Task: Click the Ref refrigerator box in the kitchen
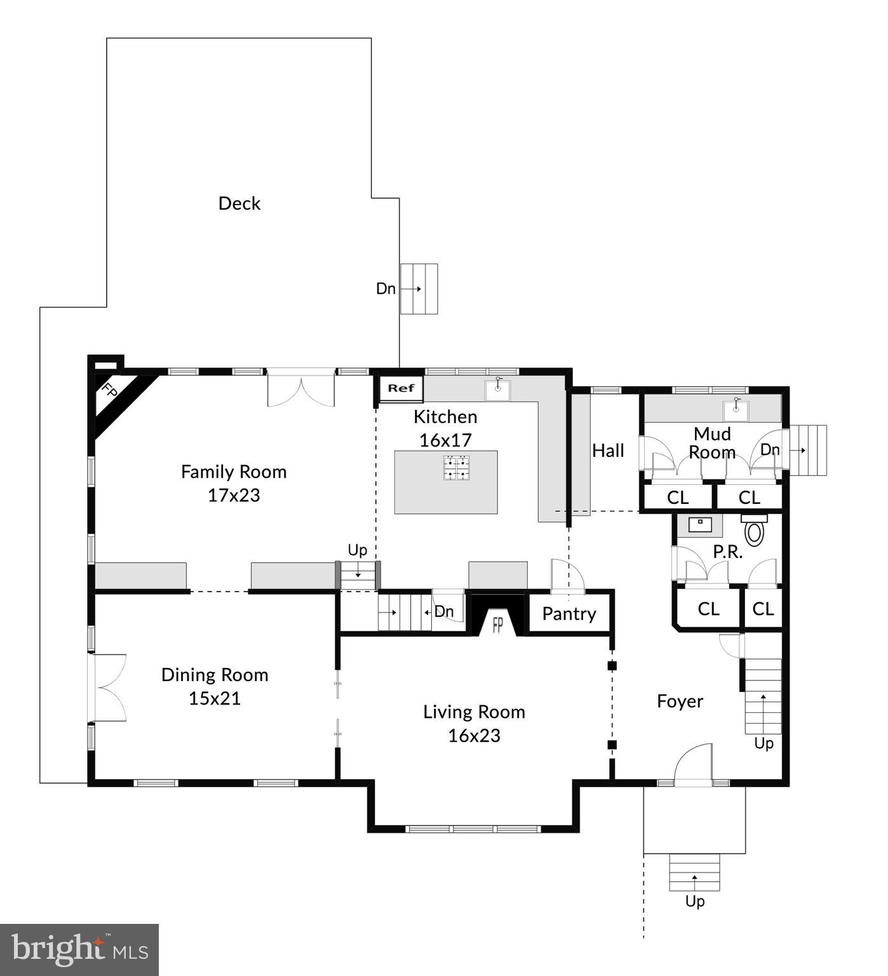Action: (x=401, y=388)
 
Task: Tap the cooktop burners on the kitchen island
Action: (x=457, y=467)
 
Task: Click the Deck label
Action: (x=239, y=203)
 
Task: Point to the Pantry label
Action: (x=569, y=614)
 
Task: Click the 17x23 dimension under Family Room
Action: (x=234, y=495)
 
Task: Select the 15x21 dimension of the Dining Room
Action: (x=215, y=698)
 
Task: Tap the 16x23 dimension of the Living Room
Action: (x=474, y=735)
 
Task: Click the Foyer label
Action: (x=680, y=701)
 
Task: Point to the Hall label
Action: (x=608, y=451)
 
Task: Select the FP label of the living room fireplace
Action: (x=498, y=625)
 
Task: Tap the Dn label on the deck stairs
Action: (x=386, y=288)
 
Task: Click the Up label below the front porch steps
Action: (x=694, y=901)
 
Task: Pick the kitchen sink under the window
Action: (x=497, y=390)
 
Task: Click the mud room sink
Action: (x=737, y=410)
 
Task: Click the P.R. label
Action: (x=727, y=552)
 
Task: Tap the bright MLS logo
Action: (x=79, y=950)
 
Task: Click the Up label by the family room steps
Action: (x=357, y=550)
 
